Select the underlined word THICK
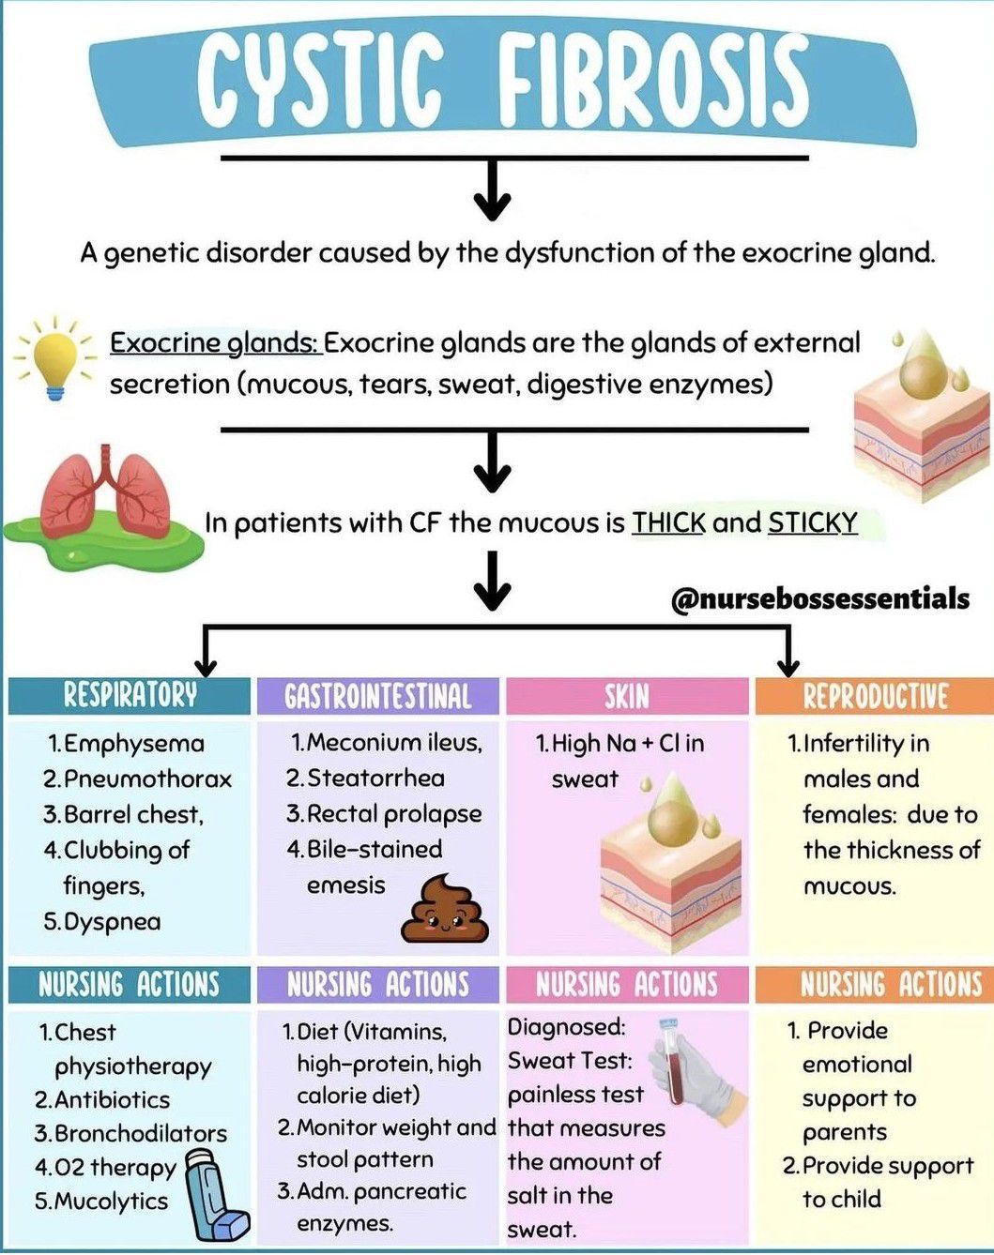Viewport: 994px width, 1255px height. (669, 522)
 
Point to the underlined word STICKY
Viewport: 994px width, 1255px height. (813, 522)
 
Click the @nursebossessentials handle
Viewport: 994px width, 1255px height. (820, 599)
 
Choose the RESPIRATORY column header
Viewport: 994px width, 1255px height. (130, 696)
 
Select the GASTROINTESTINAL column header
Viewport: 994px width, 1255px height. (378, 696)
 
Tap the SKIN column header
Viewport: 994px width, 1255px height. (627, 696)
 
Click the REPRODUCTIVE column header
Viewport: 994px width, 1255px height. (875, 696)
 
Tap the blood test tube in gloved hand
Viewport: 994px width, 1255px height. (696, 1068)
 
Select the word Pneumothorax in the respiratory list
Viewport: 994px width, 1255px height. (147, 779)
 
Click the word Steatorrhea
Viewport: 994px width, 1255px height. (375, 779)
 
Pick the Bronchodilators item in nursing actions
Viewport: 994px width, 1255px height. (140, 1134)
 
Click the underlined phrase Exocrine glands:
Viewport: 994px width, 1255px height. (215, 343)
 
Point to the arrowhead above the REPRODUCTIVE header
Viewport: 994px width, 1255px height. (789, 668)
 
